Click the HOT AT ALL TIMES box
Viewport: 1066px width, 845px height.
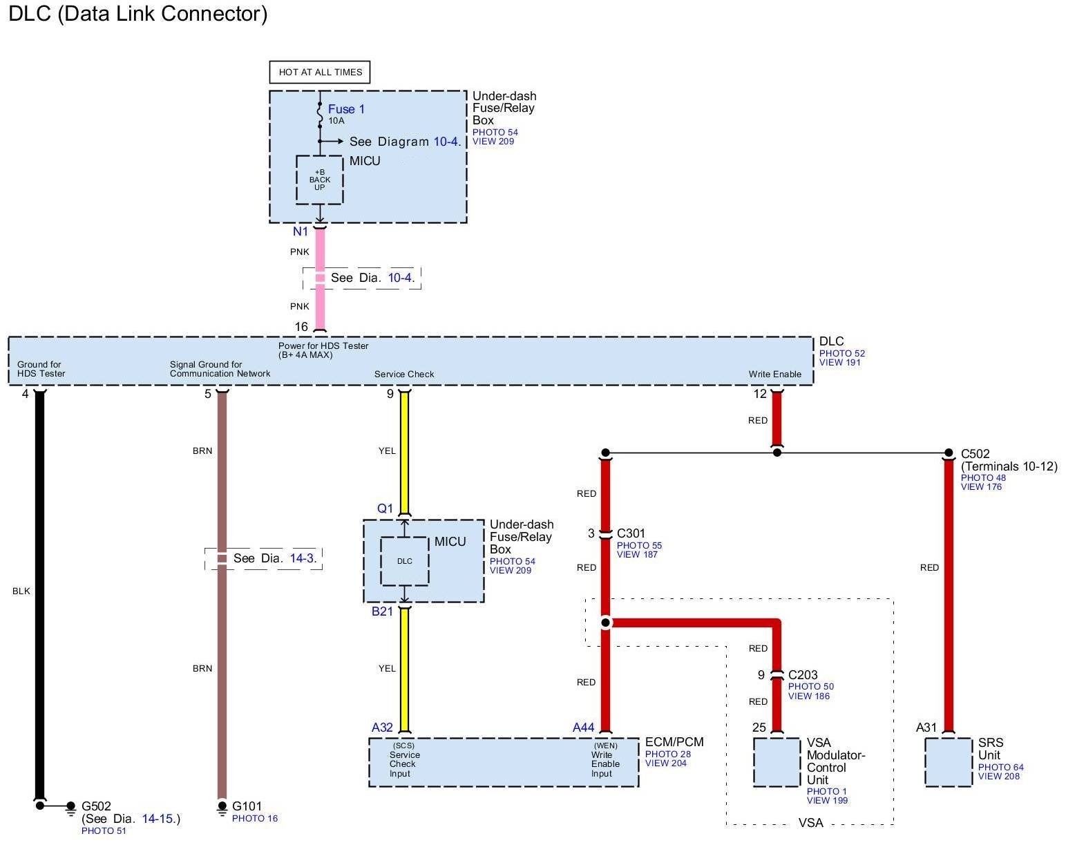point(320,72)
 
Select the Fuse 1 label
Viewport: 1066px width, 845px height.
point(346,109)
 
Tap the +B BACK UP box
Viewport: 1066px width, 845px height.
point(319,180)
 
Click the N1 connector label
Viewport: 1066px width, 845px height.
point(301,231)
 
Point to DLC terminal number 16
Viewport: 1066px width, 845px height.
point(301,327)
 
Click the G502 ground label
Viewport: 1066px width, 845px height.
point(96,806)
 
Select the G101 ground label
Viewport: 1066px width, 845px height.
point(247,806)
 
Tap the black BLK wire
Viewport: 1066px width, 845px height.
point(39,591)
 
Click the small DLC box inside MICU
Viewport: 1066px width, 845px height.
point(405,561)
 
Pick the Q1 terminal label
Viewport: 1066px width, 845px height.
point(385,509)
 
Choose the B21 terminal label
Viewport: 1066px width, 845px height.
point(382,611)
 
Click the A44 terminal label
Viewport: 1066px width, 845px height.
point(583,727)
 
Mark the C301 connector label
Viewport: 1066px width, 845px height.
point(631,533)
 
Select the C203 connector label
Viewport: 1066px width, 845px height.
point(803,675)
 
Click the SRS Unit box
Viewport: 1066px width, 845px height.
point(948,762)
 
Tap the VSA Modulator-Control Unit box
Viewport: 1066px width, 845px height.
point(777,762)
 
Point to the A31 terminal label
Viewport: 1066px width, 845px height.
point(926,727)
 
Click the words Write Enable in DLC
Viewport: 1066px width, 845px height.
point(775,374)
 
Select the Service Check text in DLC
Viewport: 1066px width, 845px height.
point(404,374)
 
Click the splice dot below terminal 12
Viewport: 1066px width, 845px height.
point(777,453)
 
